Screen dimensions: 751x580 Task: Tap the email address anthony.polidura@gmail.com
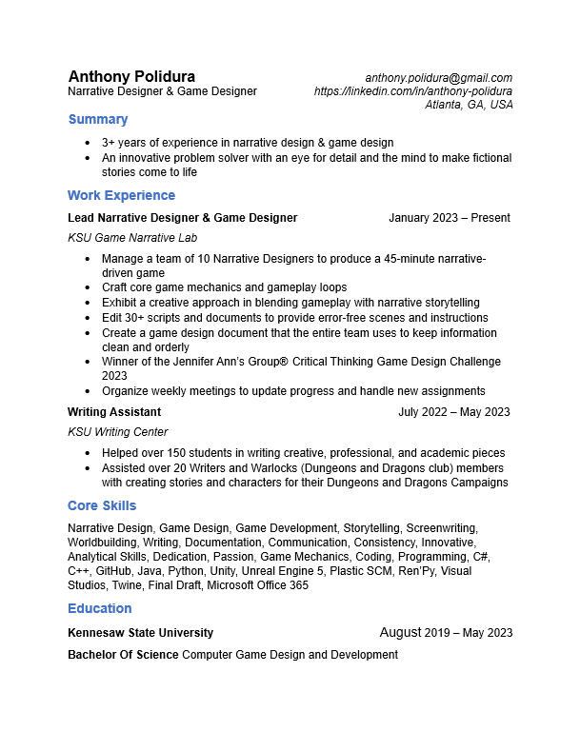(x=439, y=78)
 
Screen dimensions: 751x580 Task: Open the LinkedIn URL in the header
(x=413, y=91)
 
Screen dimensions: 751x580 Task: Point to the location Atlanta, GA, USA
(x=469, y=105)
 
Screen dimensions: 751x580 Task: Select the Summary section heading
(x=97, y=120)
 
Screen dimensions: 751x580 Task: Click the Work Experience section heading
(x=121, y=195)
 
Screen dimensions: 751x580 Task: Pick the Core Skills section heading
(x=102, y=505)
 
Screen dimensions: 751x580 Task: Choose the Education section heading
(x=99, y=608)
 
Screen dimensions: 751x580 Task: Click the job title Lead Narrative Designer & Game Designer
(x=183, y=218)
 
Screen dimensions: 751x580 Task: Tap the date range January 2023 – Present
(x=449, y=218)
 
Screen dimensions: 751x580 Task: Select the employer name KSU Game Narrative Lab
(x=132, y=238)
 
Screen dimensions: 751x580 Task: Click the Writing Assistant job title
(x=114, y=412)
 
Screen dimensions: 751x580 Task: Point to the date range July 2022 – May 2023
(x=453, y=412)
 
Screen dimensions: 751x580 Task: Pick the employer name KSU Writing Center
(x=118, y=432)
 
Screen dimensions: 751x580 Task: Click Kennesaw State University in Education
(x=141, y=633)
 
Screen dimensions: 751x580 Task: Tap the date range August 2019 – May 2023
(x=446, y=632)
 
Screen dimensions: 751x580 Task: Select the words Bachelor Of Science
(x=123, y=655)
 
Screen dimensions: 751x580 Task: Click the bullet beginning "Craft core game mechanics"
(x=224, y=287)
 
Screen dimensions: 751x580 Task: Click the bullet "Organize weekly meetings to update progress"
(x=293, y=391)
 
